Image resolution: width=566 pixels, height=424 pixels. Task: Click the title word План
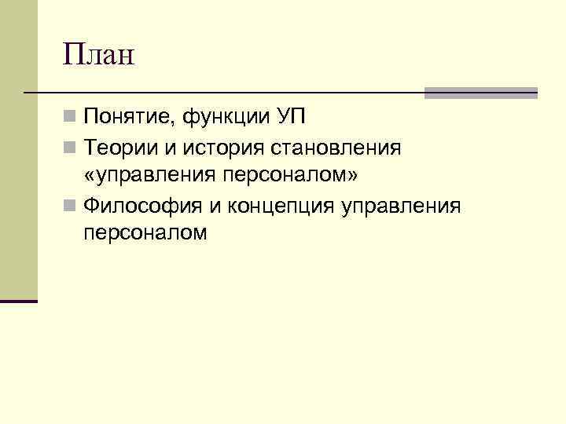coord(98,54)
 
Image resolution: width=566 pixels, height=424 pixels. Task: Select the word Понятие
coord(129,117)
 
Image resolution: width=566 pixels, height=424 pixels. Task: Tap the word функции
coord(226,117)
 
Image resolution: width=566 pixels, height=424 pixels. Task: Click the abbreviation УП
coord(292,116)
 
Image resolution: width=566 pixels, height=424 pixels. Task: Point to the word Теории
coord(121,147)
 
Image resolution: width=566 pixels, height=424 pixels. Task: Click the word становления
coord(336,148)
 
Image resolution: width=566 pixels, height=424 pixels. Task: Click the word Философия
coord(142,207)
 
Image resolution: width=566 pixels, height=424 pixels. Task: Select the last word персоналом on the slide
coord(145,234)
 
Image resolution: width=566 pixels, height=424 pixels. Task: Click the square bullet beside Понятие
coord(69,116)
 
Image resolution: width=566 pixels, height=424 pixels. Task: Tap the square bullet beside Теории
coord(69,148)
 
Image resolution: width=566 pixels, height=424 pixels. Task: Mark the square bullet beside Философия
coord(69,206)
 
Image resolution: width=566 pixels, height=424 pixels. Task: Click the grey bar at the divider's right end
coord(481,93)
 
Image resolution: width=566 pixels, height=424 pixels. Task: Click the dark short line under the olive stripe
coord(19,301)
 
